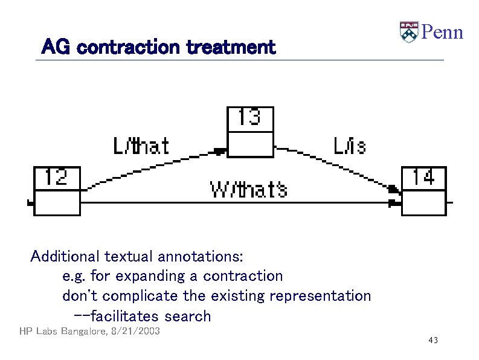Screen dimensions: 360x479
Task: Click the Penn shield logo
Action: [409, 32]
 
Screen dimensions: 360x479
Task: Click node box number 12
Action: [56, 190]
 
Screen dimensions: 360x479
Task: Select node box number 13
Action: [249, 132]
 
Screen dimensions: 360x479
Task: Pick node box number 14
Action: [423, 190]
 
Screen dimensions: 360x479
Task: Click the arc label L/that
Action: [141, 146]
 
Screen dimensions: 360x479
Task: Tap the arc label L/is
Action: [349, 146]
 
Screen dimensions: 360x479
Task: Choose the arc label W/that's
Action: [248, 190]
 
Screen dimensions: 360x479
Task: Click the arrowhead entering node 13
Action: [220, 150]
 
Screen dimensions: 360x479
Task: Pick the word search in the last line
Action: [187, 316]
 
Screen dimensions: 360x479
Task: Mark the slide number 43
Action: [432, 341]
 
